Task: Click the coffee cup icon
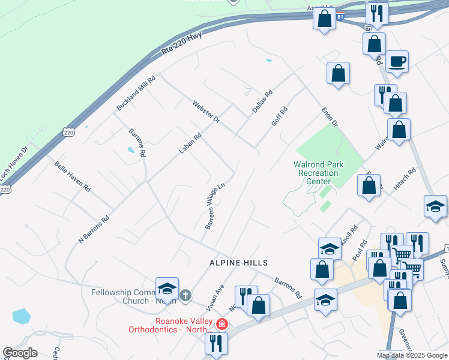(x=397, y=61)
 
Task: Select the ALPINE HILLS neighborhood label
(x=238, y=263)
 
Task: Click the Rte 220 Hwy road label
(x=182, y=44)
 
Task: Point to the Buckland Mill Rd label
(x=136, y=92)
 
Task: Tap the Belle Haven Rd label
(x=72, y=176)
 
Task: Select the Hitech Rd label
(x=405, y=179)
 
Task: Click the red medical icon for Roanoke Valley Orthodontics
(x=222, y=325)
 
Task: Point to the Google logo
(x=20, y=353)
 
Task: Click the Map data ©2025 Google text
(x=412, y=355)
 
